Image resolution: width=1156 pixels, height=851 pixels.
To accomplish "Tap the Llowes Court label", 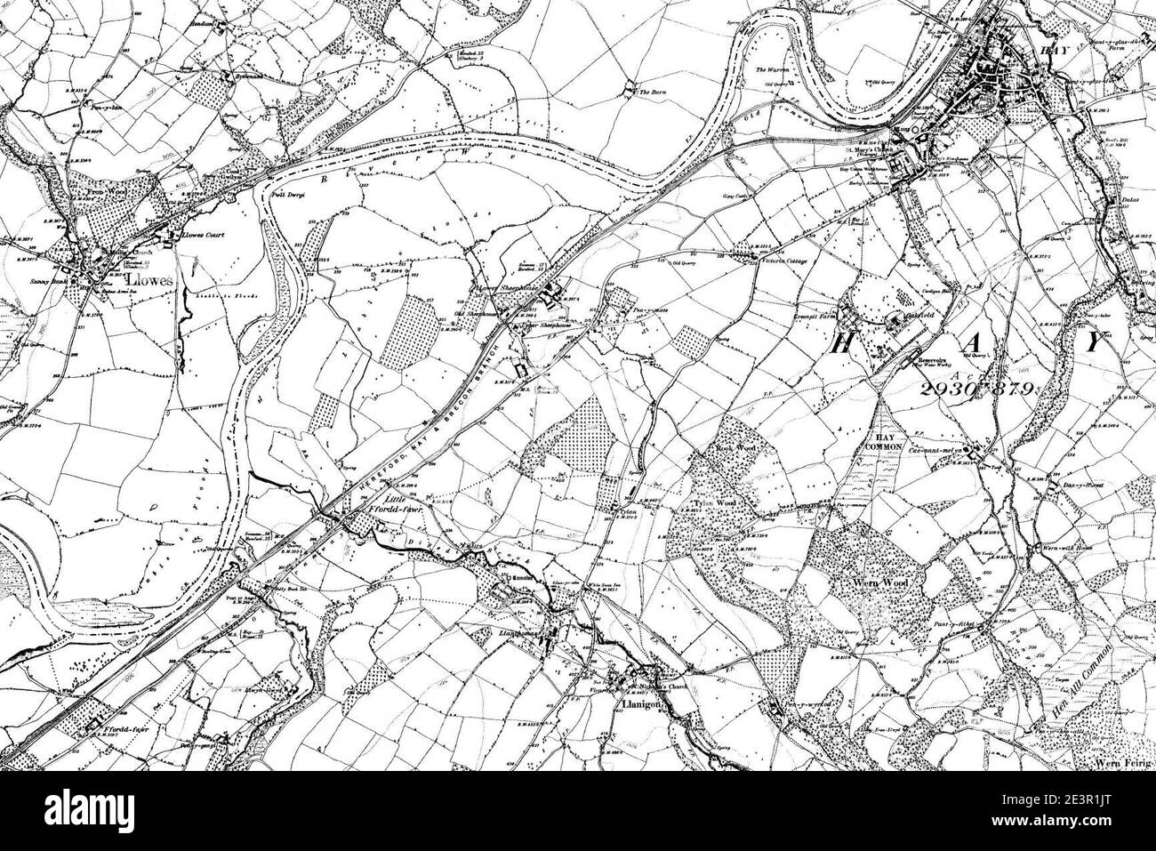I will [x=204, y=236].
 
